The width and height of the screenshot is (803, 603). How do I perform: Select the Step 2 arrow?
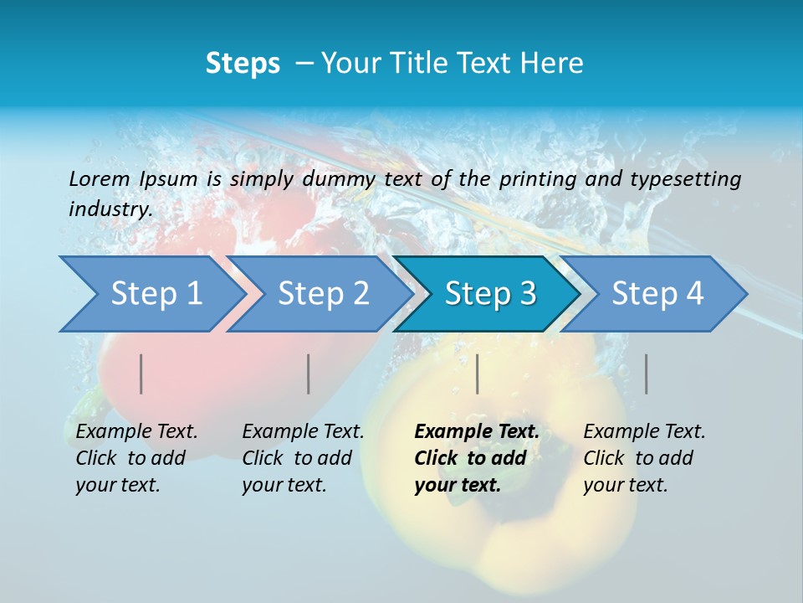pyautogui.click(x=323, y=294)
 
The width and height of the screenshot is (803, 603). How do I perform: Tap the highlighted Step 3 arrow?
pyautogui.click(x=490, y=294)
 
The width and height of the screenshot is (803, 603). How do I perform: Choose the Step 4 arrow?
pyautogui.click(x=657, y=294)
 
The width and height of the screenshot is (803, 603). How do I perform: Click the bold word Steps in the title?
pyautogui.click(x=243, y=64)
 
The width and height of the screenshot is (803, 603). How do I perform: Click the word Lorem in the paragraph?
pyautogui.click(x=99, y=178)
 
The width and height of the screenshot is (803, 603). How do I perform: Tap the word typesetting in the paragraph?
pyautogui.click(x=685, y=178)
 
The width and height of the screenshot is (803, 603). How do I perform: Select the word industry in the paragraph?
pyautogui.click(x=110, y=209)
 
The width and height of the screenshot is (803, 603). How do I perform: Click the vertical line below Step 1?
pyautogui.click(x=141, y=374)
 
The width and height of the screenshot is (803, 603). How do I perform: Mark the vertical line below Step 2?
pyautogui.click(x=309, y=374)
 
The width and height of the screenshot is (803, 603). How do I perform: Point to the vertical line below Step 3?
pyautogui.click(x=478, y=374)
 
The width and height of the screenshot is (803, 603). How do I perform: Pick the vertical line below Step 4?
pyautogui.click(x=647, y=374)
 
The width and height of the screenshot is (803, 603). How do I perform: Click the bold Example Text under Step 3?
pyautogui.click(x=477, y=432)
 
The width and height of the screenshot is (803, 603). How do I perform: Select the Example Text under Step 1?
pyautogui.click(x=136, y=432)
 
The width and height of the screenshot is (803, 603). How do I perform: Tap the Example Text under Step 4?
pyautogui.click(x=644, y=432)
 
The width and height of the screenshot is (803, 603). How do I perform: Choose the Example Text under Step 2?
pyautogui.click(x=303, y=432)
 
